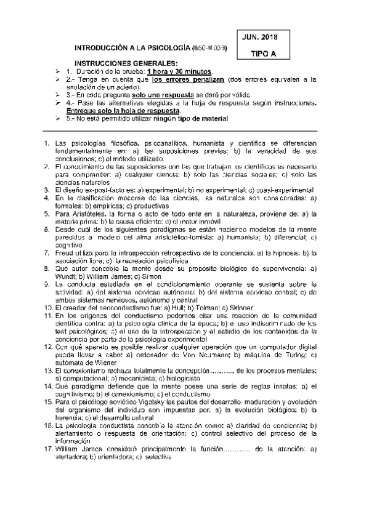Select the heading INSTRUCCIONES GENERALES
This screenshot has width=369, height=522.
click(x=125, y=64)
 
